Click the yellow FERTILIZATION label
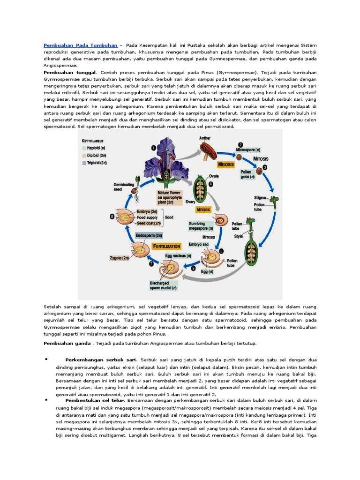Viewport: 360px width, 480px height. coord(166,246)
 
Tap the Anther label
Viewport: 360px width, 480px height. coord(204,138)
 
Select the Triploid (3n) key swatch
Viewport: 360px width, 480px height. coord(84,162)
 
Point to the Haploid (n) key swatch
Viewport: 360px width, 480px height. coord(84,148)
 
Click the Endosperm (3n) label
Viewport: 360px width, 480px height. coord(149,235)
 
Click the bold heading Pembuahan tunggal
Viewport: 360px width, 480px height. coord(70,73)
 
